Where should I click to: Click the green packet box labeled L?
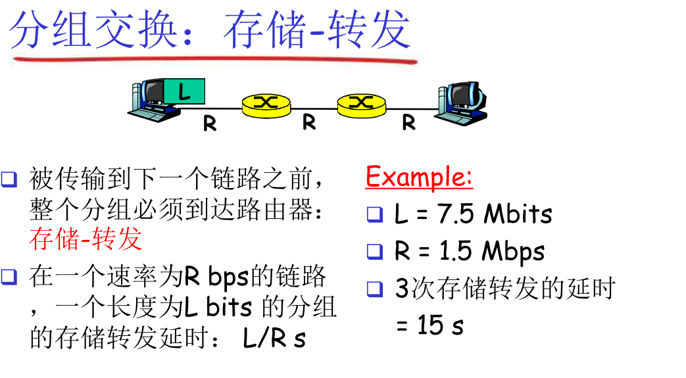pos(184,91)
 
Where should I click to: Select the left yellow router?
pos(265,104)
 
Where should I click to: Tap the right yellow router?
pos(360,104)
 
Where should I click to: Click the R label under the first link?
pos(210,124)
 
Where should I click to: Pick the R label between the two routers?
pos(309,122)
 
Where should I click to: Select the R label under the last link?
pos(408,122)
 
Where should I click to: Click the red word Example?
pos(419,177)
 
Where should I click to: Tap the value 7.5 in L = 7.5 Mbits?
pos(456,214)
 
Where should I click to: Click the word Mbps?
pos(513,252)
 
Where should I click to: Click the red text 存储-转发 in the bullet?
pos(86,238)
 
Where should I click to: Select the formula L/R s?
pos(274,339)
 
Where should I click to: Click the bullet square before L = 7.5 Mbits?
pos(374,214)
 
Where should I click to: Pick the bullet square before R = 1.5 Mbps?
pos(374,251)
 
